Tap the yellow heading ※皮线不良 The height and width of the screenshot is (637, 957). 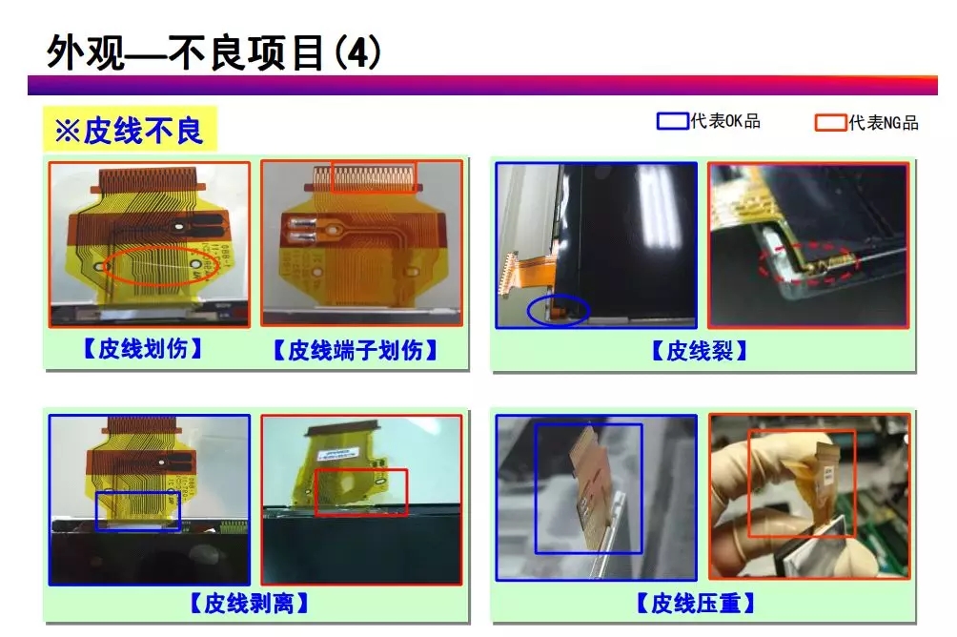[x=130, y=130]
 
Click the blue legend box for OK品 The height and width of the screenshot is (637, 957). [x=672, y=121]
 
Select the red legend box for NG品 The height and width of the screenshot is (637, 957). [x=830, y=122]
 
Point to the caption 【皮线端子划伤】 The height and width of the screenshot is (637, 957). [x=356, y=350]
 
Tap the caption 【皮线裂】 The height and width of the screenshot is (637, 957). [x=699, y=350]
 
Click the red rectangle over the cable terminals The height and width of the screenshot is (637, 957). [x=374, y=175]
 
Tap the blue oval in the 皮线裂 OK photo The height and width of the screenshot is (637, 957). [x=557, y=310]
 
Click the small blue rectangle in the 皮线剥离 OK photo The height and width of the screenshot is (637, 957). [x=138, y=509]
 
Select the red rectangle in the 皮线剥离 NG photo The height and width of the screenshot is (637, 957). [x=360, y=492]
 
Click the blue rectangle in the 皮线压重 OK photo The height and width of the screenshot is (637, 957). [x=588, y=488]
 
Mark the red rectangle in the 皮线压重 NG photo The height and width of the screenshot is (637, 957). [x=801, y=483]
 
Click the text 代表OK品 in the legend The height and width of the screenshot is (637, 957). [x=724, y=122]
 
